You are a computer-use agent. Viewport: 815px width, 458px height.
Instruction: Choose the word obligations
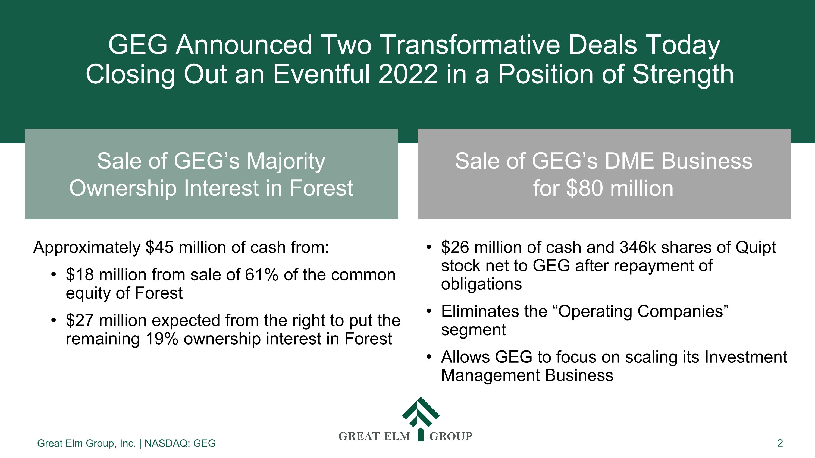point(481,284)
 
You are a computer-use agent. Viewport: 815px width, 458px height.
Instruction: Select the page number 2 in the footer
point(780,443)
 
